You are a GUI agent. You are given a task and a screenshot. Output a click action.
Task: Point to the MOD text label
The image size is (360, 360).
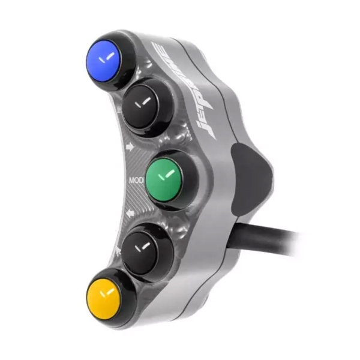(x=136, y=179)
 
